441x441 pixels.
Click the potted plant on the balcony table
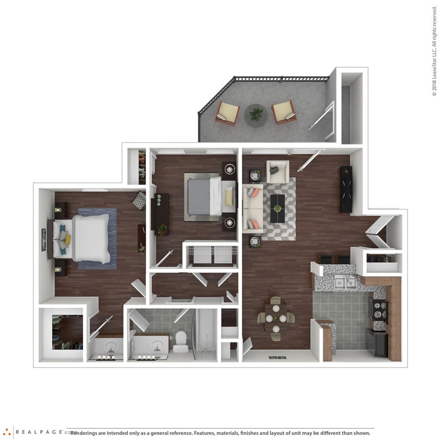pos(256,113)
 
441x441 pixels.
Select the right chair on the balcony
pos(284,111)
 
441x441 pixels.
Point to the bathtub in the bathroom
pos(206,335)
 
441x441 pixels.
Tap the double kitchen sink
pos(345,283)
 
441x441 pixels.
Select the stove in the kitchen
pos(378,309)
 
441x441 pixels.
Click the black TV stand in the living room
pos(346,189)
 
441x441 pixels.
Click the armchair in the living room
pos(277,171)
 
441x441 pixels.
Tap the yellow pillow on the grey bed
pos(228,196)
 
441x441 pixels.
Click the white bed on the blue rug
pos(89,238)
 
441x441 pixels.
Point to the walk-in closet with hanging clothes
pos(66,333)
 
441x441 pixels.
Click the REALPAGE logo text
pos(39,432)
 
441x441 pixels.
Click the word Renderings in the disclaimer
pos(87,433)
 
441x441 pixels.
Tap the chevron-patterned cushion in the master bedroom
pos(139,200)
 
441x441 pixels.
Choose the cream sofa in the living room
pos(252,208)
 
